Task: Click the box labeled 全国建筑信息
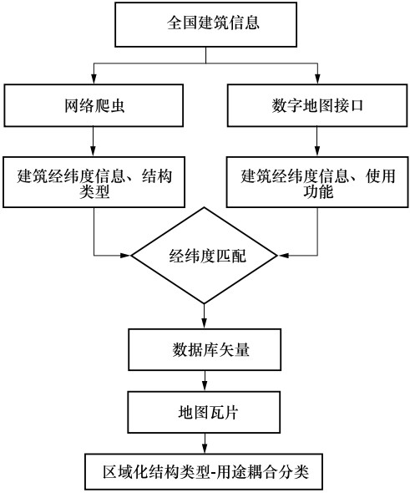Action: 205,24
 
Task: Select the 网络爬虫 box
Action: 94,105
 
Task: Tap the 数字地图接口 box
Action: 317,105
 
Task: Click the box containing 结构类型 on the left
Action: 94,182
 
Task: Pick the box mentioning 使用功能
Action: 317,182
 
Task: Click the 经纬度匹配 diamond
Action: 205,256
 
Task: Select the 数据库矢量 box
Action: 205,349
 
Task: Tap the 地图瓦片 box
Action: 204,412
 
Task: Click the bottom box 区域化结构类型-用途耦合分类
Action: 204,471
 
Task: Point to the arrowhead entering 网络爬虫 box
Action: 94,79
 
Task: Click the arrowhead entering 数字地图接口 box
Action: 317,79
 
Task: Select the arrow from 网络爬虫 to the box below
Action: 93,141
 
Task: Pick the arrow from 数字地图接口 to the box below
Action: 316,141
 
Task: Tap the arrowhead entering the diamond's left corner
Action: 126,256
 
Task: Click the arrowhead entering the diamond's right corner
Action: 283,256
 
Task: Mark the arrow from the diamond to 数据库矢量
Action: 205,316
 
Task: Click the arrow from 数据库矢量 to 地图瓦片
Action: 205,381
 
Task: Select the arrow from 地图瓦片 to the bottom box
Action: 205,443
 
